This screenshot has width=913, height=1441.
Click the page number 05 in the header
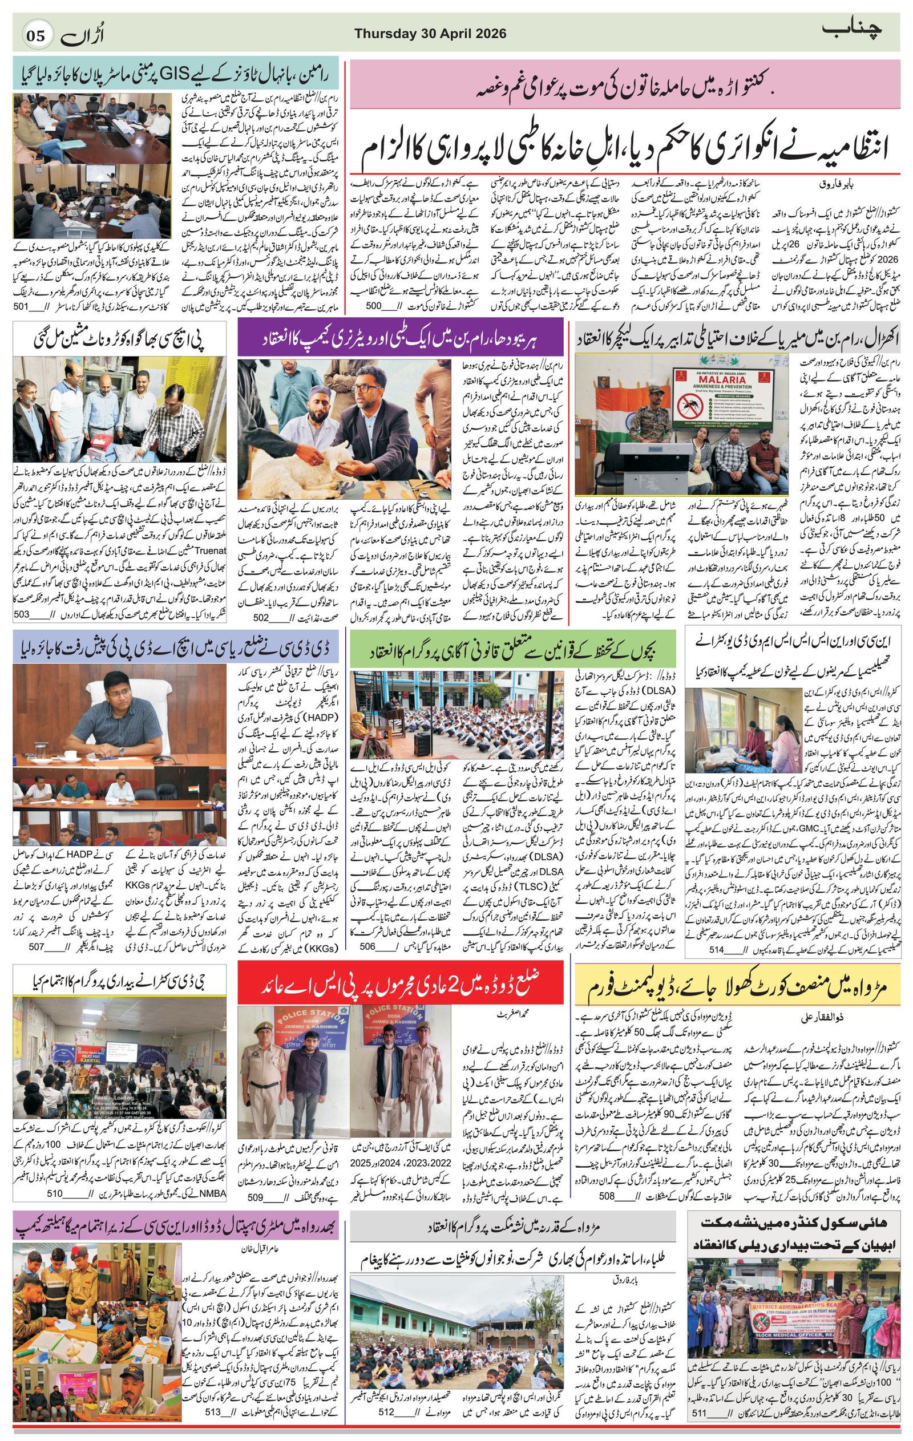[x=34, y=35]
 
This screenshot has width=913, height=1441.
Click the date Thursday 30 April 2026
[x=430, y=34]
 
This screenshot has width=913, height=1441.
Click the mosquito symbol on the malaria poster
[x=688, y=406]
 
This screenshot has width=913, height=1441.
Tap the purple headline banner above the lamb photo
[x=401, y=339]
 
